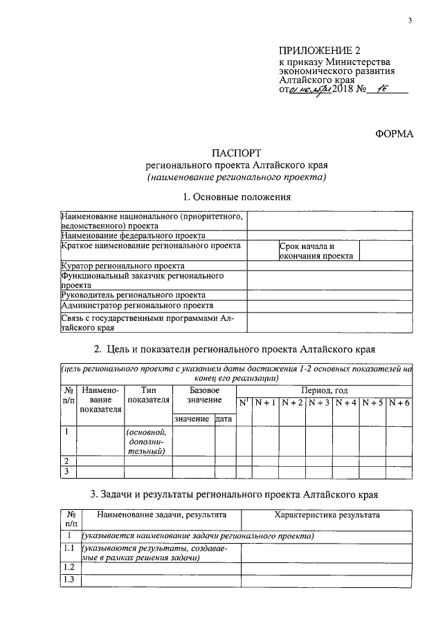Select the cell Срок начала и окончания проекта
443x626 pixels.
pyautogui.click(x=316, y=250)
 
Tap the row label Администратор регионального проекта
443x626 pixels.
pyautogui.click(x=137, y=305)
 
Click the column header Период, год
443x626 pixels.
pyautogui.click(x=324, y=391)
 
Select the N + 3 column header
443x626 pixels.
pyautogui.click(x=320, y=403)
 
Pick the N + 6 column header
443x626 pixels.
pyautogui.click(x=399, y=403)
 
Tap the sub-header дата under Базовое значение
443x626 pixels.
pyautogui.click(x=224, y=419)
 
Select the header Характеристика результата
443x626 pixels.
pyautogui.click(x=327, y=515)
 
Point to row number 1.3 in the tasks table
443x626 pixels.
pyautogui.click(x=69, y=580)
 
